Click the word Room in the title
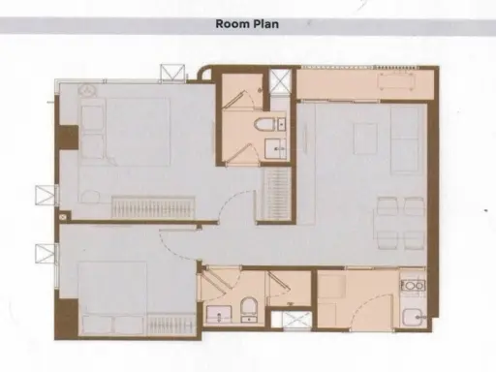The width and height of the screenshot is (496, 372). pyautogui.click(x=230, y=24)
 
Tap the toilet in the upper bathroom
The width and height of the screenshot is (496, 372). pyautogui.click(x=264, y=124)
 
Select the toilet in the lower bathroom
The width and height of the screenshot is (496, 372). pyautogui.click(x=249, y=309)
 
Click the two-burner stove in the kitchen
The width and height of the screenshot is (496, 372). pyautogui.click(x=413, y=286)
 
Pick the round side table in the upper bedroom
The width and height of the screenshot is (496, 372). pyautogui.click(x=87, y=90)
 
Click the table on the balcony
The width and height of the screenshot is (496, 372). pyautogui.click(x=396, y=81)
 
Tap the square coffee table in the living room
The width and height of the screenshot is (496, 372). pyautogui.click(x=365, y=139)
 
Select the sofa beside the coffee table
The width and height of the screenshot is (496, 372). pyautogui.click(x=406, y=140)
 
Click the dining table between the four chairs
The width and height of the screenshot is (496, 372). pyautogui.click(x=399, y=223)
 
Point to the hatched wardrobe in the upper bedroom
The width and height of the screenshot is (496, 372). pyautogui.click(x=153, y=207)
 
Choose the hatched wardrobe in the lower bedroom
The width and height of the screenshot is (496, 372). pyautogui.click(x=171, y=325)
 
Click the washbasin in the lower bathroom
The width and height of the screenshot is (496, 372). pyautogui.click(x=219, y=315)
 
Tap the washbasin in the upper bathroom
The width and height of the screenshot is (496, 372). pyautogui.click(x=275, y=149)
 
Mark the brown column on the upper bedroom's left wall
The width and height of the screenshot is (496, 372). pyautogui.click(x=69, y=138)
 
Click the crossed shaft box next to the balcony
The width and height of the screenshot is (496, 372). pyautogui.click(x=281, y=81)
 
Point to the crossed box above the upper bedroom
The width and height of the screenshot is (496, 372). pyautogui.click(x=172, y=73)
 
